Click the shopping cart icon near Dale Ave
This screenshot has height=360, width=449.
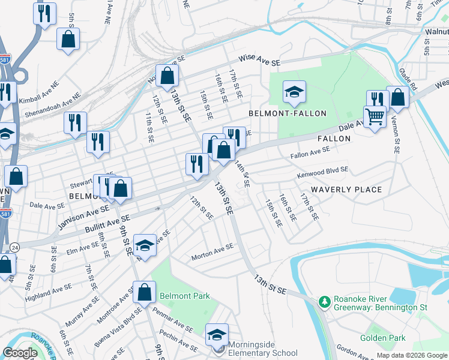[x=375, y=116]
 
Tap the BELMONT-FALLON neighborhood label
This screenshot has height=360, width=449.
[x=288, y=113]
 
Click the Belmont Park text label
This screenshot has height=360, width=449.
[x=185, y=296]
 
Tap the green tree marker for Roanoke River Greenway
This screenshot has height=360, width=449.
[x=325, y=300]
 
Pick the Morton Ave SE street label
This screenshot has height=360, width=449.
[x=212, y=253]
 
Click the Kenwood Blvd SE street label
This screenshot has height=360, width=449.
[x=322, y=173]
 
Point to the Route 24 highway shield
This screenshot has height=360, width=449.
[x=14, y=247]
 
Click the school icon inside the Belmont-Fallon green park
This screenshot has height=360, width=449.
[x=294, y=92]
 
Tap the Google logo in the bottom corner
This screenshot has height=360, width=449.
[x=20, y=353]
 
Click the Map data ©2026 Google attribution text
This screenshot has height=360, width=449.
[x=412, y=355]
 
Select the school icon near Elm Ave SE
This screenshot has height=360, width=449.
[x=145, y=245]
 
